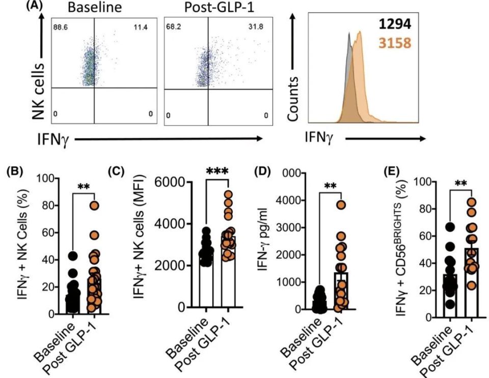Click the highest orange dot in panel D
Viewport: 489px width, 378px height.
[x=340, y=205]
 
